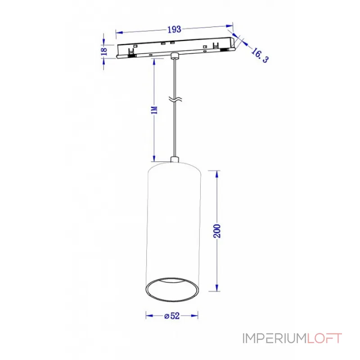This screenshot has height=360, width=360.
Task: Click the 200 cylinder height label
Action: click(x=217, y=231)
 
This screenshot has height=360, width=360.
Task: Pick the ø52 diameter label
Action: click(x=172, y=316)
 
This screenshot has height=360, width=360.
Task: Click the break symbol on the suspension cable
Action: click(x=174, y=100)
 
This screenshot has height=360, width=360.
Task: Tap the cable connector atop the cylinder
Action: click(x=174, y=159)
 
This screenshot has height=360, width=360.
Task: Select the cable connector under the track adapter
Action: click(x=174, y=56)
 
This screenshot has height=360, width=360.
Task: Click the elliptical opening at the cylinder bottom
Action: click(x=173, y=289)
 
